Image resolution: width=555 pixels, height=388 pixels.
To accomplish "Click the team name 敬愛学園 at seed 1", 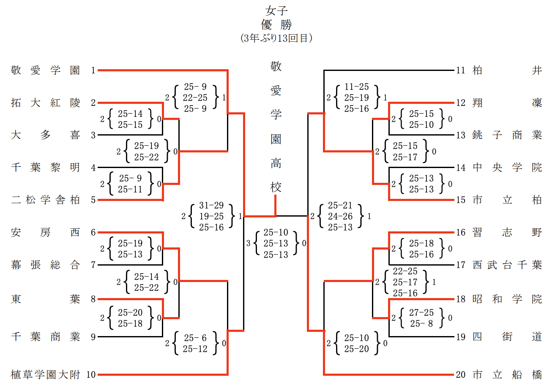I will pyautogui.click(x=46, y=71).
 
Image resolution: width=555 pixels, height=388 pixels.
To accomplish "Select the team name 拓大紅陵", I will pyautogui.click(x=46, y=103).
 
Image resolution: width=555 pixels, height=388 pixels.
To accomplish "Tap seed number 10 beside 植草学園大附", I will pyautogui.click(x=91, y=374).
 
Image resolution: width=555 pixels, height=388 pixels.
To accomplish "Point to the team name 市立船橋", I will pyautogui.click(x=507, y=374).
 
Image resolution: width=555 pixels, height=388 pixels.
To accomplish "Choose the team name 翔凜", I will pyautogui.click(x=507, y=103).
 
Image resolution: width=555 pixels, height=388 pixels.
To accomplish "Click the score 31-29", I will pyautogui.click(x=211, y=206).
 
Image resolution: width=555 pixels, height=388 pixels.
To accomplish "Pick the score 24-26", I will pyautogui.click(x=340, y=217).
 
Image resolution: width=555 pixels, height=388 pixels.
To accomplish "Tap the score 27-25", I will pyautogui.click(x=421, y=313).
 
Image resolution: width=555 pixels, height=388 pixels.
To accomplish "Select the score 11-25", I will pyautogui.click(x=356, y=87).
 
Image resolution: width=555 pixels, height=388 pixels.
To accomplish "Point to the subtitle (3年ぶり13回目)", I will pyautogui.click(x=277, y=38).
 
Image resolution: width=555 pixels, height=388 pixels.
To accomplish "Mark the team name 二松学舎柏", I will pyautogui.click(x=46, y=200).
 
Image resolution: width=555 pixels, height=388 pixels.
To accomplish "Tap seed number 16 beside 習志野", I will pyautogui.click(x=460, y=233).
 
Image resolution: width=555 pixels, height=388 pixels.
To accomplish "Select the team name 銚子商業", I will pyautogui.click(x=507, y=136).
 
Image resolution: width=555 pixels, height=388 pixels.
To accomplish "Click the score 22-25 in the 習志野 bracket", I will pyautogui.click(x=405, y=271).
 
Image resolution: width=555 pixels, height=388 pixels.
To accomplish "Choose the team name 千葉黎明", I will pyautogui.click(x=46, y=168).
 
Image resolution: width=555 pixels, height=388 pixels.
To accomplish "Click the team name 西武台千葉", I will pyautogui.click(x=507, y=265).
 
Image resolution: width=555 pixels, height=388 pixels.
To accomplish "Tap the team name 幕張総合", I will pyautogui.click(x=46, y=265).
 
